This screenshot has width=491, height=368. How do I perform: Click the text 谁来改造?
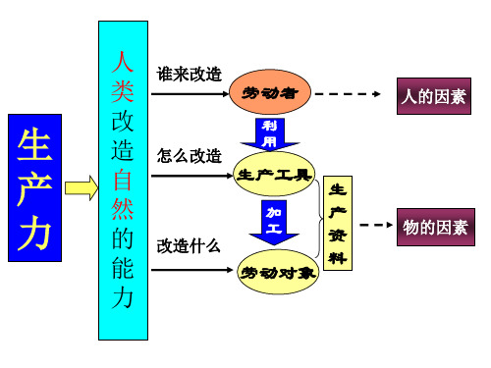pos(190,75)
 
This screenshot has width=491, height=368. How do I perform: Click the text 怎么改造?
pos(190,156)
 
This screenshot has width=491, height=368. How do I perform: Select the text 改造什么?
pos(190,244)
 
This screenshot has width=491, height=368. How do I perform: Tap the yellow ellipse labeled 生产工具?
pos(275,176)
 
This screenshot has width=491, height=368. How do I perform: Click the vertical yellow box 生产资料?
pos(337,223)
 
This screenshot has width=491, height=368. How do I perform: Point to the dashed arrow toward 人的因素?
pos(353,94)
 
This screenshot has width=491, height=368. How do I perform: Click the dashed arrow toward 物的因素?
pos(372,225)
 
